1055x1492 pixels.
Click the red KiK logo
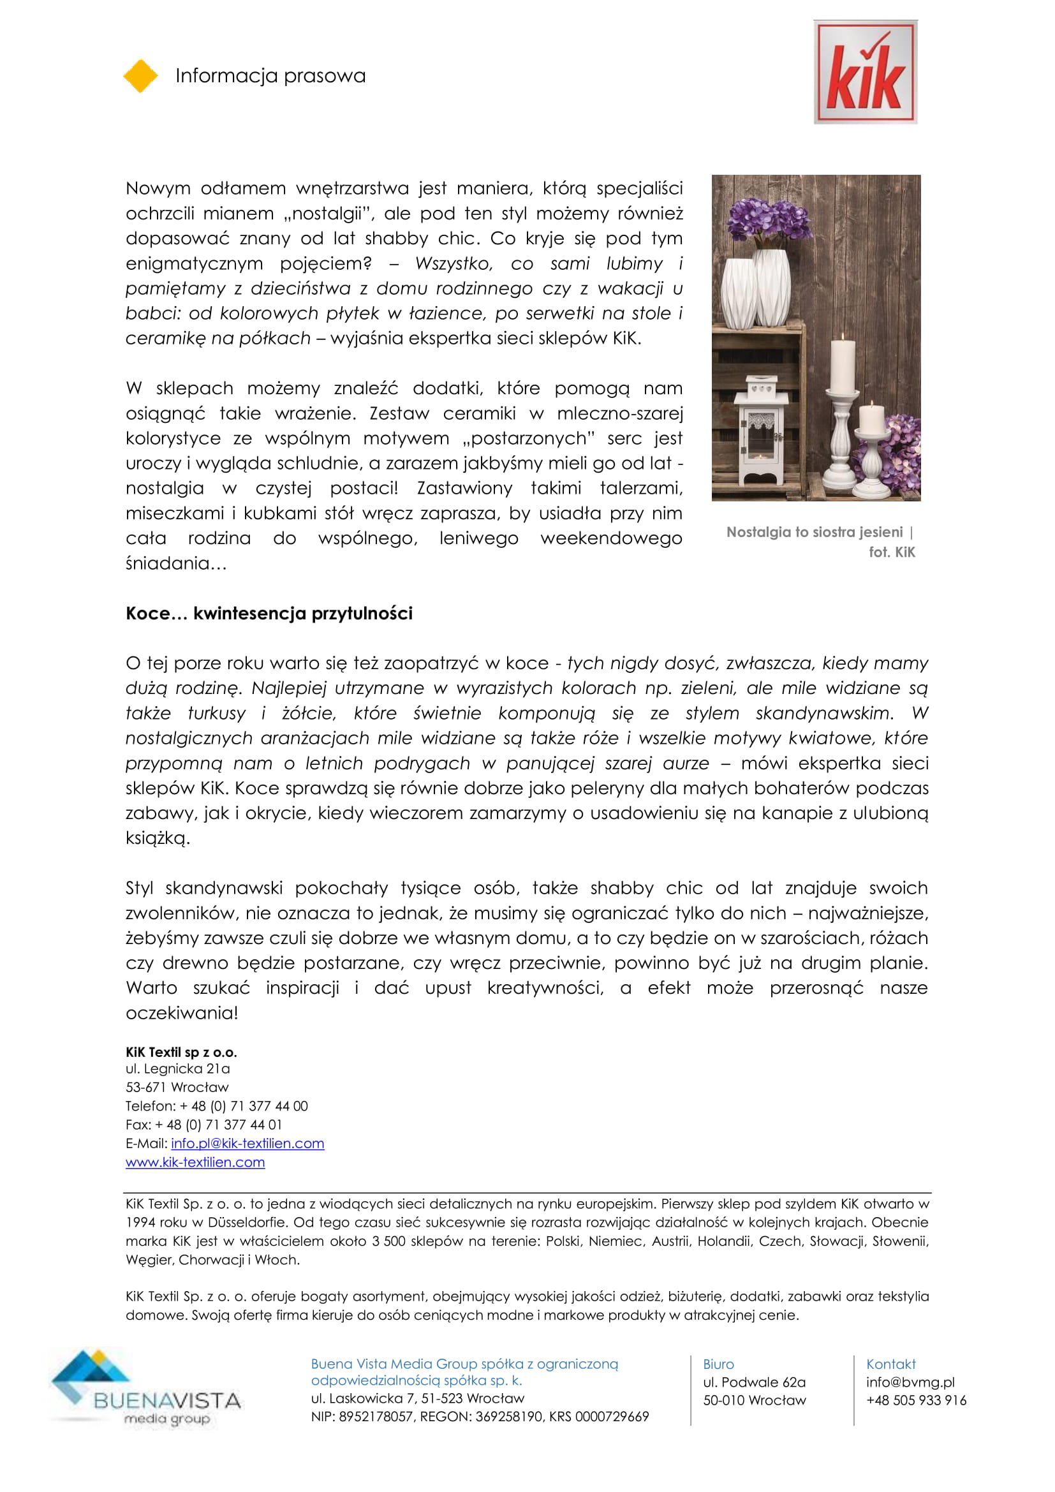click(x=865, y=71)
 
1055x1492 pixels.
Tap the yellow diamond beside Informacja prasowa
click(x=140, y=76)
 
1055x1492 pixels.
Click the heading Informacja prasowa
click(x=270, y=76)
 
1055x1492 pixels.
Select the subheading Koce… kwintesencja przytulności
click(x=269, y=614)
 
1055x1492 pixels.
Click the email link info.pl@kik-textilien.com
click(x=247, y=1143)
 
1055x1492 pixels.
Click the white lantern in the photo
click(x=761, y=429)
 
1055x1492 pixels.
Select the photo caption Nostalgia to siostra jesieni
click(x=814, y=532)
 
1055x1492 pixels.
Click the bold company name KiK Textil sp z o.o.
click(x=181, y=1052)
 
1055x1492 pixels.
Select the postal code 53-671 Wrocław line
click(x=177, y=1087)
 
